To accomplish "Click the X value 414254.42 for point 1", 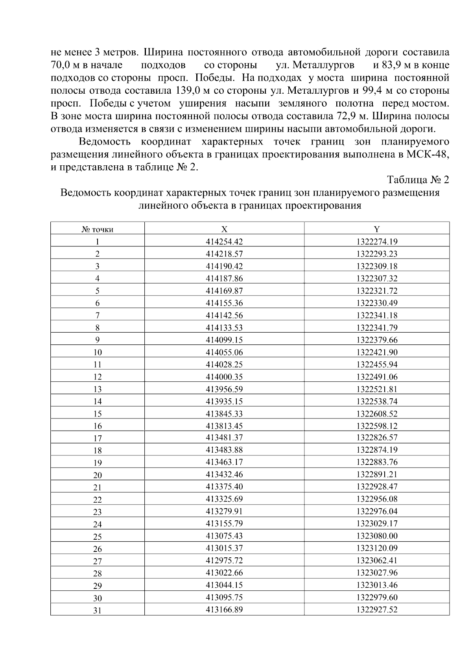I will coord(224,242).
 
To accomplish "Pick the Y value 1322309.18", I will coord(377,266).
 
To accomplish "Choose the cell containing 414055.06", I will coord(224,352).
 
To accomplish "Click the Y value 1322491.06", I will coord(377,377).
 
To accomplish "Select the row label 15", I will coord(97,414).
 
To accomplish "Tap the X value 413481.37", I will coord(224,438).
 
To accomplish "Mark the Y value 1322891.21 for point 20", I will coord(377,474).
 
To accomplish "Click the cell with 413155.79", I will coord(224,524).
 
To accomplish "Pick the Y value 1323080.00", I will coord(377,536).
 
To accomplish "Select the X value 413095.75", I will coord(224,597).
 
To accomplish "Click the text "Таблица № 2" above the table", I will coord(418,180).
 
